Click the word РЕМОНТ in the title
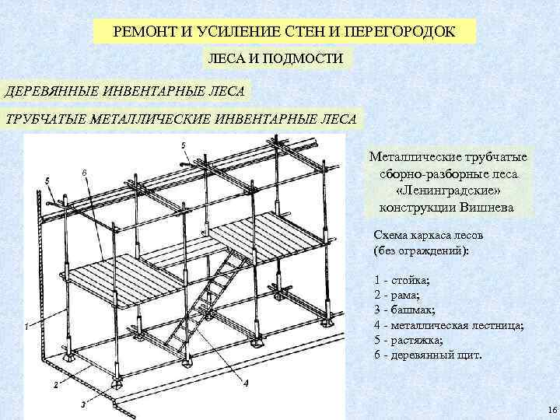(141, 31)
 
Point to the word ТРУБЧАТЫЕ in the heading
(46, 119)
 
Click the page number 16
(551, 410)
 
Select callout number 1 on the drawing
(26, 326)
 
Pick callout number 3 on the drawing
(83, 404)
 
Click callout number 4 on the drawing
(245, 384)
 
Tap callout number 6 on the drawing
(84, 171)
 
